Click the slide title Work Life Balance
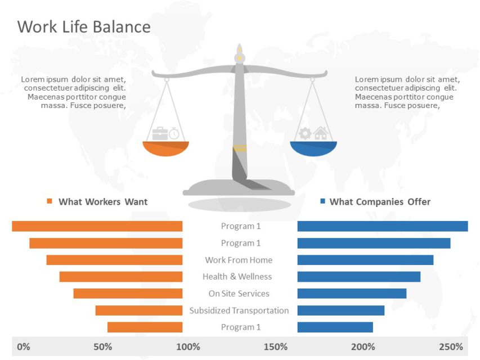(x=84, y=27)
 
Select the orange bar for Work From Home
(x=114, y=260)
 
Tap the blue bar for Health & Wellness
(x=358, y=277)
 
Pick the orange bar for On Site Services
(x=128, y=294)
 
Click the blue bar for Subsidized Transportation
(x=340, y=310)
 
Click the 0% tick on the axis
(x=24, y=346)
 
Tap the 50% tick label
(x=102, y=346)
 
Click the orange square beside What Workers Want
(x=50, y=201)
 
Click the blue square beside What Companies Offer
(x=322, y=201)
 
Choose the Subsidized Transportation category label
(x=239, y=310)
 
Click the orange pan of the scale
(x=166, y=148)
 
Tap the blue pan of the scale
(x=313, y=148)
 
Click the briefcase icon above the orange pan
(x=160, y=133)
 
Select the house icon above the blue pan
(x=321, y=133)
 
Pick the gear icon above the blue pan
(x=305, y=133)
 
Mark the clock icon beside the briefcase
(x=174, y=134)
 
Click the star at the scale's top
(x=239, y=57)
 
